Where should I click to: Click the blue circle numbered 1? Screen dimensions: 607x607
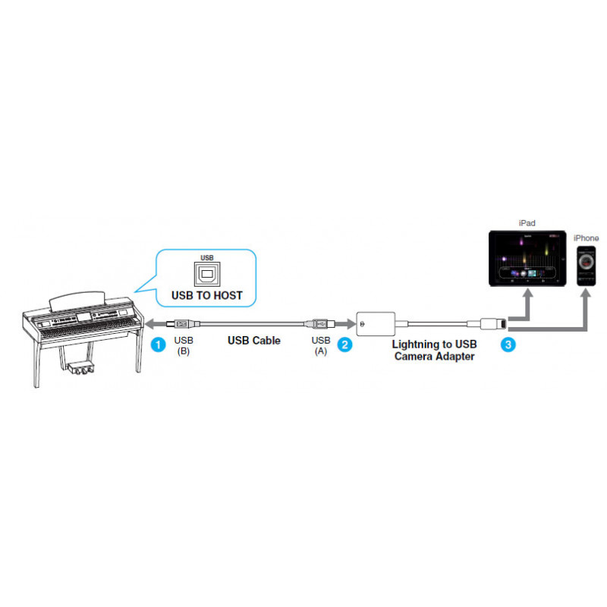point(158,344)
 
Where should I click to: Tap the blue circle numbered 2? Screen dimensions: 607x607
point(344,344)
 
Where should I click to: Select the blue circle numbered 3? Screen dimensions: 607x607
point(508,344)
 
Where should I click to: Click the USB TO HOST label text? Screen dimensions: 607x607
point(206,295)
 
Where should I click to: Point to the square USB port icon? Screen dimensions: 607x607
point(207,274)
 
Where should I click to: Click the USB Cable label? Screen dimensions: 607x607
point(254,340)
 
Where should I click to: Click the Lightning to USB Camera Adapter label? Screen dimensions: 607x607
point(434,350)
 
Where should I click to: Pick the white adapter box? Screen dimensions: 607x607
point(376,324)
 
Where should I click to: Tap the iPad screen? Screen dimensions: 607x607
point(527,259)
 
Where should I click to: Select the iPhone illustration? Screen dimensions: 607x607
point(586,266)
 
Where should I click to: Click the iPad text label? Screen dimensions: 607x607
point(527,223)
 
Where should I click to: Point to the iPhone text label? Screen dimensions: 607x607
point(586,238)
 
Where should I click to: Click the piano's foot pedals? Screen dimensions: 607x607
point(81,368)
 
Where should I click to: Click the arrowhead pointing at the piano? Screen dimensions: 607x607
point(149,324)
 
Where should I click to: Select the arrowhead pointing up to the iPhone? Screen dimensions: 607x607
point(586,294)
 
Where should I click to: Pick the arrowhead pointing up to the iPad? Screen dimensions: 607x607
point(527,294)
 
